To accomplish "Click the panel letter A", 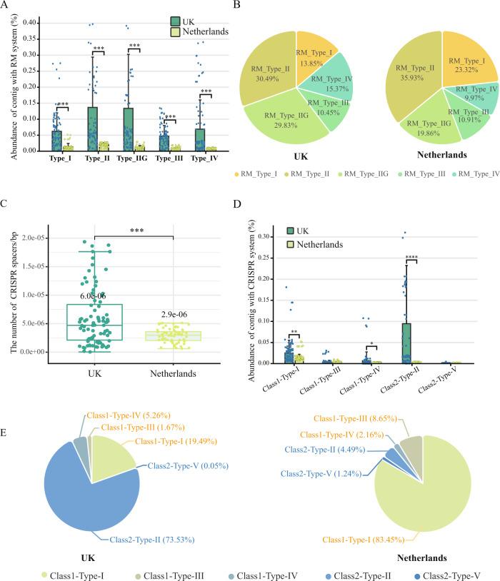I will click(x=6, y=6).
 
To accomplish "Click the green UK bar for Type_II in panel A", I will click(x=93, y=129).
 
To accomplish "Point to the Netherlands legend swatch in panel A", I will click(x=176, y=34).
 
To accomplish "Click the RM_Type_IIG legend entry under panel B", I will click(x=371, y=173).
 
